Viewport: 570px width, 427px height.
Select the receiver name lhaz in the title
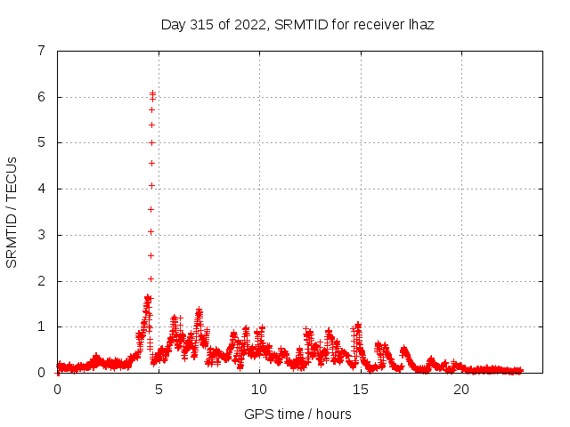[419, 24]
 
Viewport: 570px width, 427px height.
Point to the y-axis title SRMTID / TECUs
[12, 212]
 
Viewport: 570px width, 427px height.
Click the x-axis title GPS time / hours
[297, 414]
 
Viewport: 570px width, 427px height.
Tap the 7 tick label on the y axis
[41, 51]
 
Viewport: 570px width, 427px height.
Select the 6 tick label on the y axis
[41, 97]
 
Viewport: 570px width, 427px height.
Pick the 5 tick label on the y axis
[41, 142]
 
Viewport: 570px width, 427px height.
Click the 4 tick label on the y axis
[41, 189]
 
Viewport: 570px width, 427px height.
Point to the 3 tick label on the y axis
[41, 235]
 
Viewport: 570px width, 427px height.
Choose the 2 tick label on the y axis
[41, 281]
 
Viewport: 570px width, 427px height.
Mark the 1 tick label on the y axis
[41, 326]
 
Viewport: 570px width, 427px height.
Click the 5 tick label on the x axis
[159, 389]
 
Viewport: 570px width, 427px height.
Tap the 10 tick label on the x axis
[259, 389]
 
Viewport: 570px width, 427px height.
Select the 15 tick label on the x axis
[361, 389]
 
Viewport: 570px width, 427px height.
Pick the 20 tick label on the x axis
[461, 389]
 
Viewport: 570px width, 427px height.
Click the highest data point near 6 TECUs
[152, 93]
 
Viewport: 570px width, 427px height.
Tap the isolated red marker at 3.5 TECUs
[151, 209]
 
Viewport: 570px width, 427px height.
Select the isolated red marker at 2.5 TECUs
[151, 255]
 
